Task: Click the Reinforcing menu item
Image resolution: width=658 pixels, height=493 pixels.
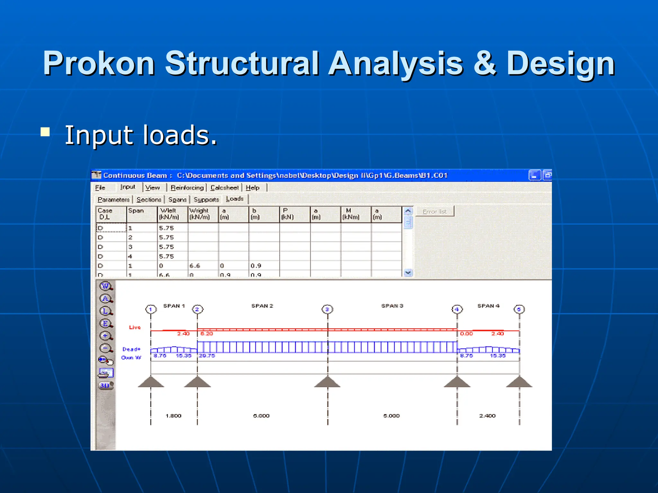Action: pyautogui.click(x=187, y=188)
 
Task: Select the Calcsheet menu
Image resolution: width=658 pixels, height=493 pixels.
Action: pyautogui.click(x=224, y=188)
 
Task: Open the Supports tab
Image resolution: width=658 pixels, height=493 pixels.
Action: pyautogui.click(x=206, y=200)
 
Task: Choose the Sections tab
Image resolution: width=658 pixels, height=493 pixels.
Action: pyautogui.click(x=149, y=200)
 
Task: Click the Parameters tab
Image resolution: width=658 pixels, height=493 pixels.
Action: pyautogui.click(x=113, y=200)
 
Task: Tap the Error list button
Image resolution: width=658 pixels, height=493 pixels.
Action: pyautogui.click(x=434, y=212)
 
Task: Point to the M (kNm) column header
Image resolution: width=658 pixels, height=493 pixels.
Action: pyautogui.click(x=351, y=214)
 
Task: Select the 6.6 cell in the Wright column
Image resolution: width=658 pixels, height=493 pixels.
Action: pyautogui.click(x=195, y=266)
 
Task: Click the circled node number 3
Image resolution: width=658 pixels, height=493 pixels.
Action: pyautogui.click(x=327, y=309)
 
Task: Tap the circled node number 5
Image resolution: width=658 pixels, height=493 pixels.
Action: pyautogui.click(x=519, y=309)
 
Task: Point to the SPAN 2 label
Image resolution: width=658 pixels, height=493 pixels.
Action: pyautogui.click(x=262, y=306)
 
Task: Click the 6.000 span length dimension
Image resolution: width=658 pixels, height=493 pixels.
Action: pyautogui.click(x=261, y=416)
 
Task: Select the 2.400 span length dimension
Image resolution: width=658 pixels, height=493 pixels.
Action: pyautogui.click(x=487, y=416)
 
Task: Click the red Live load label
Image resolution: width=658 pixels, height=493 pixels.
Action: pyautogui.click(x=135, y=327)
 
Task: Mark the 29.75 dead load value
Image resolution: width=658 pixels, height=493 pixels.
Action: pyautogui.click(x=207, y=356)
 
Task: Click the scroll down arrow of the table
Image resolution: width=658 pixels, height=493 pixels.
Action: pyautogui.click(x=408, y=273)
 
